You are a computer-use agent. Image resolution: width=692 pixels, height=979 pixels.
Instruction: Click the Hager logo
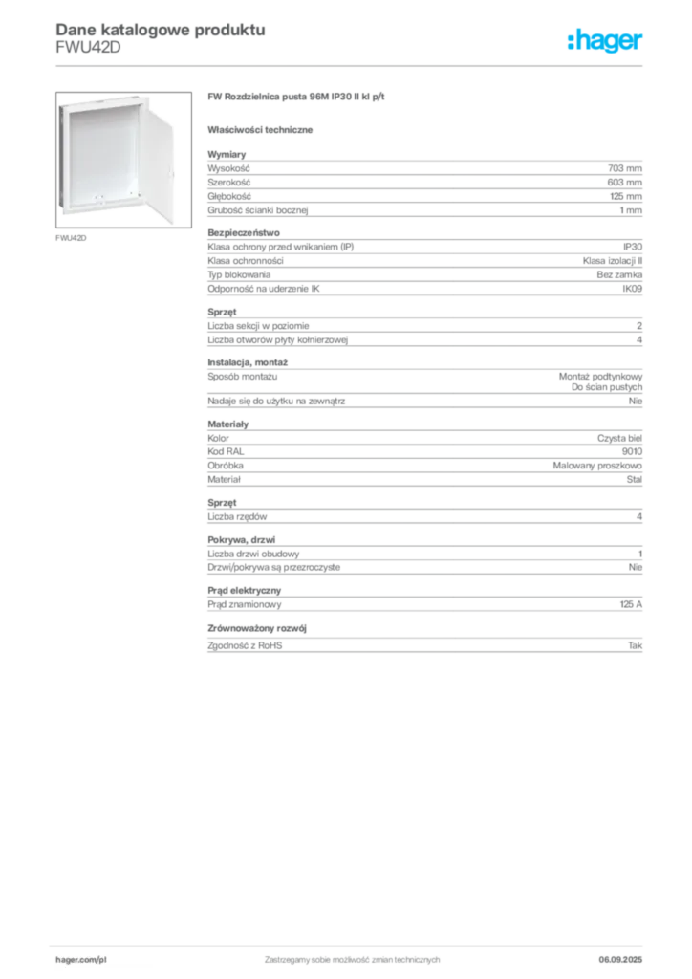click(604, 41)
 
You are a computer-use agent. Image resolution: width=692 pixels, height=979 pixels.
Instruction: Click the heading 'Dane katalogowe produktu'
click(161, 30)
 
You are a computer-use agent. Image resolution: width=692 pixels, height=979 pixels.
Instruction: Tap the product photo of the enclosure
click(123, 160)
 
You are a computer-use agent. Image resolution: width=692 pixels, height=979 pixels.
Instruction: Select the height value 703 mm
click(624, 168)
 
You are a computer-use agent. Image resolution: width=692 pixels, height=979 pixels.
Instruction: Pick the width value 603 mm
click(624, 183)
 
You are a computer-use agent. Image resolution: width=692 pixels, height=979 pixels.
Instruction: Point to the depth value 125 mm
click(626, 196)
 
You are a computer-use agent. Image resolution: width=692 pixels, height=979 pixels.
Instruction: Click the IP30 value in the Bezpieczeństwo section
click(632, 247)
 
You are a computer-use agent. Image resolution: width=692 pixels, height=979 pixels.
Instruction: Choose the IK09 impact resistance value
click(632, 289)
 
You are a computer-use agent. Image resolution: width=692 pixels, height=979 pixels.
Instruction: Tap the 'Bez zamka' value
click(619, 274)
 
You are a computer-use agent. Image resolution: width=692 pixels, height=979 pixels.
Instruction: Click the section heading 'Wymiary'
click(227, 154)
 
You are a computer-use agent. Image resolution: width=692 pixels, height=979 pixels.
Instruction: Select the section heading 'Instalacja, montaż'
click(248, 362)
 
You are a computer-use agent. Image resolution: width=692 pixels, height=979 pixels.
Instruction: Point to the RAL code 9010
click(632, 451)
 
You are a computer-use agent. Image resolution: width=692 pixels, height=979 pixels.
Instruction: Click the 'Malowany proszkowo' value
click(597, 466)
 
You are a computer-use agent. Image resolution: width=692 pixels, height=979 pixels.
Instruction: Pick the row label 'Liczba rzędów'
click(237, 516)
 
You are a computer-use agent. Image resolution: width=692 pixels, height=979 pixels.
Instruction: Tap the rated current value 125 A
click(631, 604)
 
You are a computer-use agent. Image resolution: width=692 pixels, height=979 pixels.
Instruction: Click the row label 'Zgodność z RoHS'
click(245, 645)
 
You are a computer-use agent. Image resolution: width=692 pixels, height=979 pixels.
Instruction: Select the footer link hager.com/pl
click(81, 960)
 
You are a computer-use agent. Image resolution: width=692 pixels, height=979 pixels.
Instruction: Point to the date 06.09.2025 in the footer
click(620, 960)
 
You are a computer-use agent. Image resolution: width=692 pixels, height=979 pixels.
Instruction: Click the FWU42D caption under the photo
click(71, 238)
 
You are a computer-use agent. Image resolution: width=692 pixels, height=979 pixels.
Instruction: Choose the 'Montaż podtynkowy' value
click(600, 377)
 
